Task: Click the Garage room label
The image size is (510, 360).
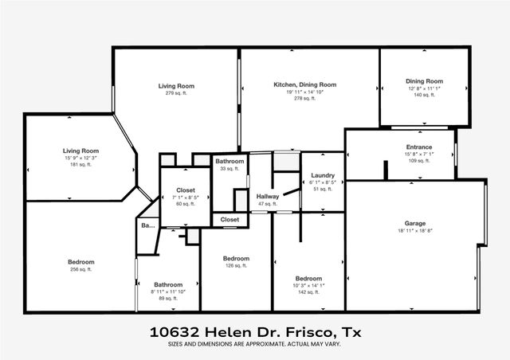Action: point(414,224)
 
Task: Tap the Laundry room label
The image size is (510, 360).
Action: point(323,175)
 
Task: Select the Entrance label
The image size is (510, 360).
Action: point(418,147)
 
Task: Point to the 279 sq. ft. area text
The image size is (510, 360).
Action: point(176,93)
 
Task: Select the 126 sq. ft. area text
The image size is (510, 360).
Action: point(236,266)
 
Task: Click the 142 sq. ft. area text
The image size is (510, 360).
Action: point(308,292)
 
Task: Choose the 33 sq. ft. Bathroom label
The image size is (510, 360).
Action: point(229,162)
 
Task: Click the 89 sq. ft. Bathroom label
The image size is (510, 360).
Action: point(168,284)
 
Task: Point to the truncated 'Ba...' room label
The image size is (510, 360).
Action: point(147,226)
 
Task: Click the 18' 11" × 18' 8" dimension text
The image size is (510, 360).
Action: point(414,230)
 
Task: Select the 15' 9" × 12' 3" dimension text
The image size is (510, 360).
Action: point(80,157)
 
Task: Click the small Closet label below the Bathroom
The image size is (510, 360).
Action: point(229,219)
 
